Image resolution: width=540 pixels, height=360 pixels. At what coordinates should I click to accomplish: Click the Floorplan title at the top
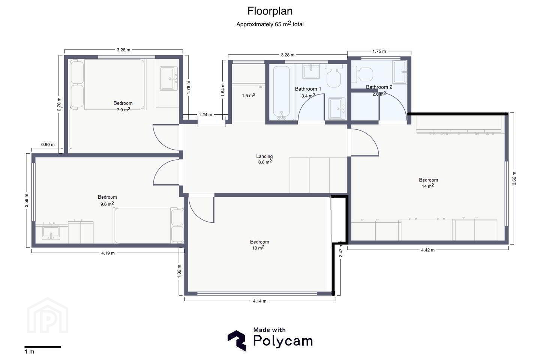coord(270,11)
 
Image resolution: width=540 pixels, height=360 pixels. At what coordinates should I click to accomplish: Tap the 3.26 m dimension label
coord(123,50)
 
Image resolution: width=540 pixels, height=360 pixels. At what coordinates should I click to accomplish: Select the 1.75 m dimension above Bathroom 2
coord(379,51)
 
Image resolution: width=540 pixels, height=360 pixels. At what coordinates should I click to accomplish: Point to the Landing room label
coord(264,156)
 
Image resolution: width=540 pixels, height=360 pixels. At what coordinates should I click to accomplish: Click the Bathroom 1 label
coord(308,89)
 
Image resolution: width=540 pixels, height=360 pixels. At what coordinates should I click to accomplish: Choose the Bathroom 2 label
coord(379,87)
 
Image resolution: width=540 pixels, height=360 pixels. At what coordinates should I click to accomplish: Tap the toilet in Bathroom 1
coord(334,75)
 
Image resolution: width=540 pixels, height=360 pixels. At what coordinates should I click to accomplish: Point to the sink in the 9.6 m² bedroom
coord(51,232)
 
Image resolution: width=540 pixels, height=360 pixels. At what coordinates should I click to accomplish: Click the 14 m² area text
coord(428,186)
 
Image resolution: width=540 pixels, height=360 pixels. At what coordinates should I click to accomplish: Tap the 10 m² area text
coord(258,247)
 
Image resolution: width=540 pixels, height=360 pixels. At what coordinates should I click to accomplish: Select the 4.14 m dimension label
coord(259,301)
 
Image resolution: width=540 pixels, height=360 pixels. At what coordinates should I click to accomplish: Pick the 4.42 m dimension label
coord(428,250)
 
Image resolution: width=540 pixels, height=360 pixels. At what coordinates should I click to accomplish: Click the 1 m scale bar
coord(43,347)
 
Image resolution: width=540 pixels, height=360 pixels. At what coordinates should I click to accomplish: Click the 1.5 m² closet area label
coord(249,95)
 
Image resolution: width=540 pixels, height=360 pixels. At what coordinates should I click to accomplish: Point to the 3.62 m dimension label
coord(514,178)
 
